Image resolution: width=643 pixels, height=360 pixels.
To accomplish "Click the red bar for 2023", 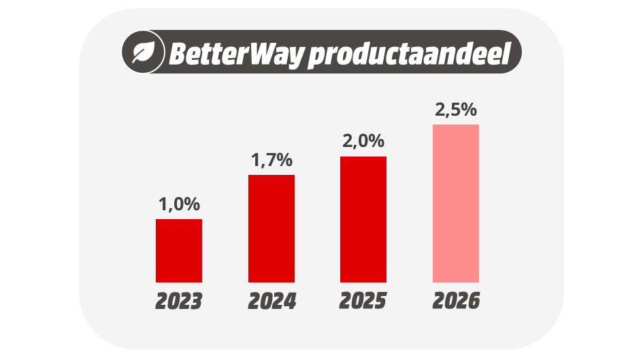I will tap(178, 250).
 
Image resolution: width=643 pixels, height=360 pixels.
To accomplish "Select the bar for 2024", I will tap(271, 228).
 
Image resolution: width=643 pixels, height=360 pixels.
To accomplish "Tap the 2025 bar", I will tap(363, 219).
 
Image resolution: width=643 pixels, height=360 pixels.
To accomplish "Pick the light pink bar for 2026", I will tap(455, 203).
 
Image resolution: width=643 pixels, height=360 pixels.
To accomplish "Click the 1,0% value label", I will tap(179, 204).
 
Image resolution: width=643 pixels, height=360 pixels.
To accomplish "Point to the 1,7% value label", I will tap(271, 161).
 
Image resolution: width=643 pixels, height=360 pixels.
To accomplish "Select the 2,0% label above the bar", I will tap(363, 142).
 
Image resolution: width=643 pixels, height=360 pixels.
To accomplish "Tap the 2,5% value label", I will tap(456, 110).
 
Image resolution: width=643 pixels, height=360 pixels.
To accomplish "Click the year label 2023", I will tap(178, 301).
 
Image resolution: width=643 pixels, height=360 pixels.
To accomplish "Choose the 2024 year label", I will tap(271, 301).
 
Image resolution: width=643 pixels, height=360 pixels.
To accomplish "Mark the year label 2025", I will tap(363, 301).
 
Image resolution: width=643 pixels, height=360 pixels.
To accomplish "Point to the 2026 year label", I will tap(456, 301).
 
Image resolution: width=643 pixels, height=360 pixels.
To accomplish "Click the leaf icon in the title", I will tap(144, 52).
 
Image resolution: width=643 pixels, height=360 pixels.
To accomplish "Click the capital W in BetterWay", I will tap(262, 53).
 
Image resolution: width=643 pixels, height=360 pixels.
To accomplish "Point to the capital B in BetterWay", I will tap(178, 53).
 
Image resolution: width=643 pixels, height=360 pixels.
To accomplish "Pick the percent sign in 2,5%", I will tap(468, 110).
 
